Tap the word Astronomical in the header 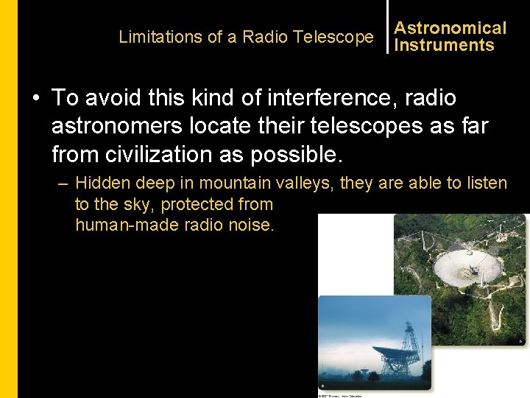pyautogui.click(x=451, y=28)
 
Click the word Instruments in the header pyautogui.click(x=445, y=45)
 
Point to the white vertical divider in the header pyautogui.click(x=387, y=27)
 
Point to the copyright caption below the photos pyautogui.click(x=340, y=395)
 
